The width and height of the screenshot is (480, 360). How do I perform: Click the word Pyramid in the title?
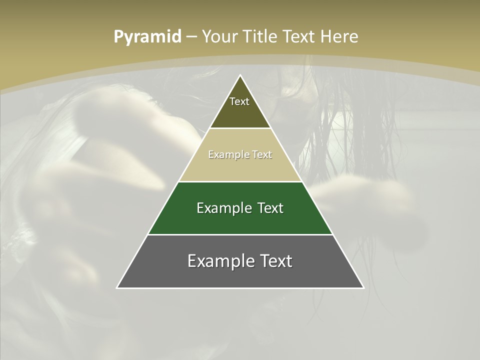147,37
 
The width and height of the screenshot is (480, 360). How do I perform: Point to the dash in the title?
191,37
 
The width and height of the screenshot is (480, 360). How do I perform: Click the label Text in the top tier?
239,101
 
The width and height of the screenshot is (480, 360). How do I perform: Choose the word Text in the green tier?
270,208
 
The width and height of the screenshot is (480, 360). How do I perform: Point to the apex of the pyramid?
240,75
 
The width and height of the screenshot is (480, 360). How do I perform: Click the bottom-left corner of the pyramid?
117,287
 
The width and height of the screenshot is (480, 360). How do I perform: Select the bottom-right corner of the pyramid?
363,287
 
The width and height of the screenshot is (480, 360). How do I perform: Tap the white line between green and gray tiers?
240,234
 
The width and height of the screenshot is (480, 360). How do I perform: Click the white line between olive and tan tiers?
240,128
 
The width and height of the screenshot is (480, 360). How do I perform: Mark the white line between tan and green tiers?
240,181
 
